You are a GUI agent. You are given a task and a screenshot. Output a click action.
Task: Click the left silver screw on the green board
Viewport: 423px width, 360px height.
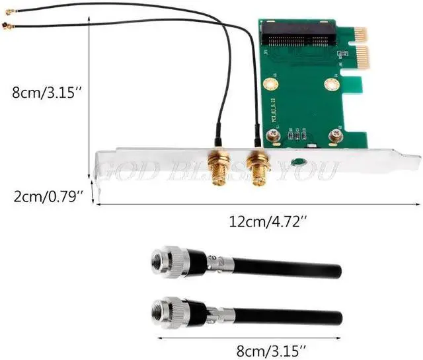[272, 136]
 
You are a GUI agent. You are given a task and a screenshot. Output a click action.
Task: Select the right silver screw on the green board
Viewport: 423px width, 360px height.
[336, 137]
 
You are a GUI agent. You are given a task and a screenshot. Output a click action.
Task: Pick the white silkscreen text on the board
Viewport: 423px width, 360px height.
[274, 109]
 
